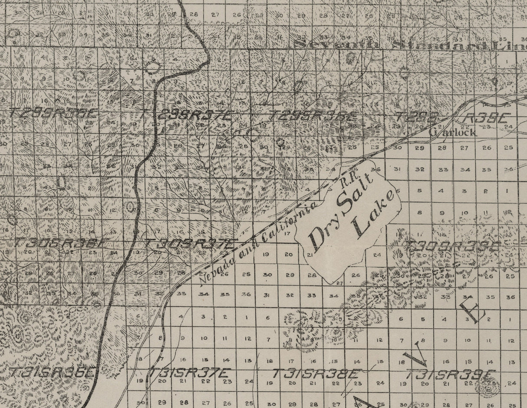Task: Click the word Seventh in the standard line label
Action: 336,45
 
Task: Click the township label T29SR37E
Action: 187,115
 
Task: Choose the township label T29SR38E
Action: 313,116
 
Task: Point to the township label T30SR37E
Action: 191,243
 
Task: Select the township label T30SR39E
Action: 452,245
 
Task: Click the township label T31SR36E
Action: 52,372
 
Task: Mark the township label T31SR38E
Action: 316,373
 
